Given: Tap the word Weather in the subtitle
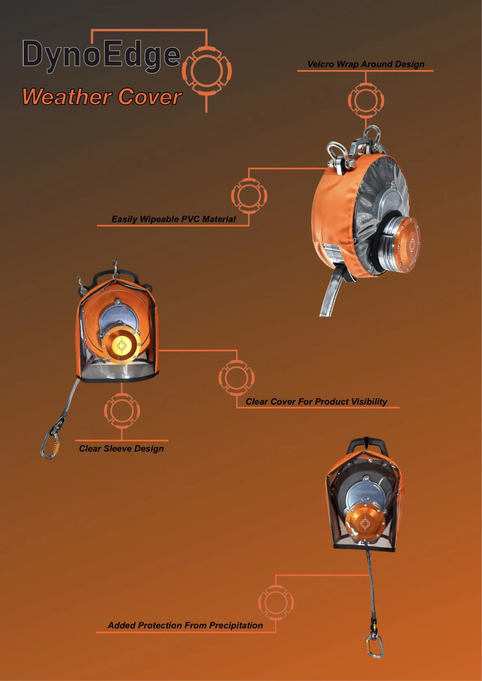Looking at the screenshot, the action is tap(67, 97).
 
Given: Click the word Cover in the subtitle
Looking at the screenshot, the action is tap(150, 97).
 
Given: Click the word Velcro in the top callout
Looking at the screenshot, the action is tap(320, 64).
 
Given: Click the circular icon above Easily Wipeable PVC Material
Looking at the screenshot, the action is tap(249, 195).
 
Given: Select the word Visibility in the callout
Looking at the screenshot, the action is tap(369, 402).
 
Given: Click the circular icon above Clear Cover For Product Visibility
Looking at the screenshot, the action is tap(237, 378).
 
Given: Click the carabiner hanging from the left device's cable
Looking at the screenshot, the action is tap(50, 445).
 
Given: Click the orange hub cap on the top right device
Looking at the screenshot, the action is tap(406, 245).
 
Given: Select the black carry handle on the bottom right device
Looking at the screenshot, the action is tap(367, 445).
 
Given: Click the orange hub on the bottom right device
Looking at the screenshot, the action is tap(364, 524).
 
